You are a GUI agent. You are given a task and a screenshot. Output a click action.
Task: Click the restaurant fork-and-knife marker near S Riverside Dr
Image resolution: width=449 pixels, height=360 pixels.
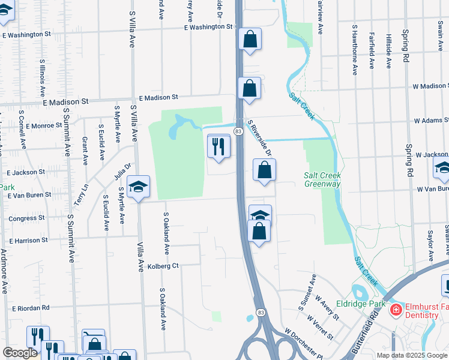click(x=218, y=146)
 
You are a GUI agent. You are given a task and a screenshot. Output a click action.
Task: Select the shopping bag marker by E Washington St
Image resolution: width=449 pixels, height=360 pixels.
click(x=250, y=40)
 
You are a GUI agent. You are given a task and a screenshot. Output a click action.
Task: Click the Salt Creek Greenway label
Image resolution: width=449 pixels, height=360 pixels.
click(x=322, y=179)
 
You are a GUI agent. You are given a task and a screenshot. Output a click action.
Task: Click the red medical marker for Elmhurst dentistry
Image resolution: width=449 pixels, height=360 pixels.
click(x=395, y=310)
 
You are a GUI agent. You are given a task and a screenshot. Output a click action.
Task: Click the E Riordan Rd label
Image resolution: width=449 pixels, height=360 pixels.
click(x=30, y=308)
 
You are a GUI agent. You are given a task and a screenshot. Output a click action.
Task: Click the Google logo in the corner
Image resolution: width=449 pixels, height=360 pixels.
click(x=20, y=353)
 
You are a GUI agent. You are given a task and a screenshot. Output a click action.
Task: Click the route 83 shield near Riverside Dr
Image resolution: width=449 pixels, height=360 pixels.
click(x=238, y=131)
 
